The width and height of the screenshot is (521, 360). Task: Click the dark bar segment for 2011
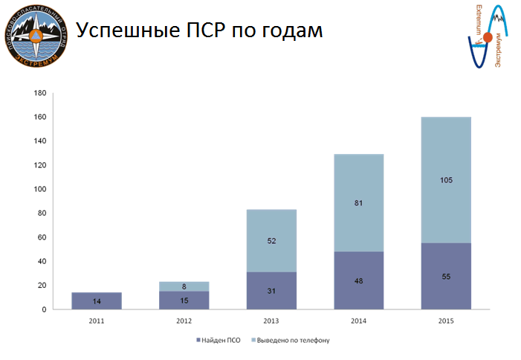[x=97, y=300]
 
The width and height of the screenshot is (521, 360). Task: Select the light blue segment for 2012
[x=184, y=286]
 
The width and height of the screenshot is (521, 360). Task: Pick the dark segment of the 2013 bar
[x=271, y=290]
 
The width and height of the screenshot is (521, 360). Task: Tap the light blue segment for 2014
[x=358, y=202]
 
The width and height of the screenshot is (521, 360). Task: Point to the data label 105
[x=445, y=180]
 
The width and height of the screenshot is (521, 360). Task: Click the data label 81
[x=358, y=202]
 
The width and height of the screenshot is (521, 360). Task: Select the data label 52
[x=271, y=240]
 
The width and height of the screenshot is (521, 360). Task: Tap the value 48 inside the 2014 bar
[x=358, y=280]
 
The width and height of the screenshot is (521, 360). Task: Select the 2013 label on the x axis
[x=271, y=321]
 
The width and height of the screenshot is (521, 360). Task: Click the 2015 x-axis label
[x=445, y=321]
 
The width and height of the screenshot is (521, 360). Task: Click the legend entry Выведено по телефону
[x=291, y=340]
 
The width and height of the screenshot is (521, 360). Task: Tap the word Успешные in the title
[x=123, y=30]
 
